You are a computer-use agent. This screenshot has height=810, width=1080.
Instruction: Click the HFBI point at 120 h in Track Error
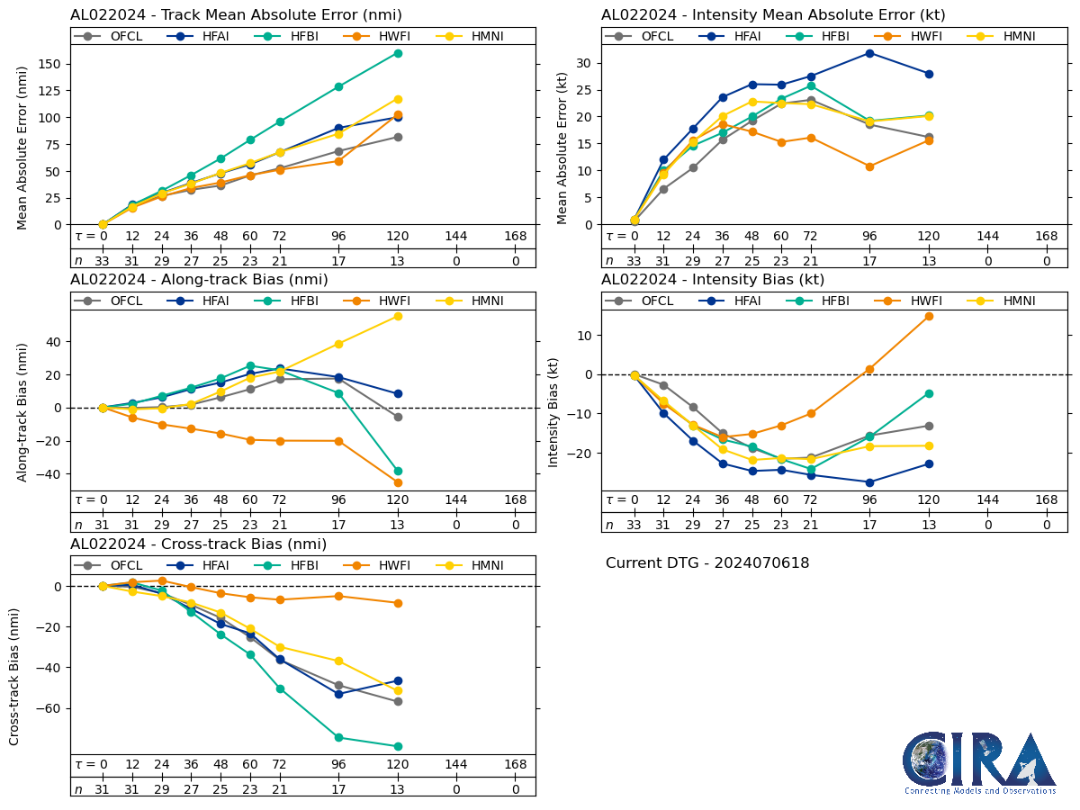(x=398, y=53)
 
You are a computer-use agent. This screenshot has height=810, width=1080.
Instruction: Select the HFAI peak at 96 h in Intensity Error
(x=869, y=53)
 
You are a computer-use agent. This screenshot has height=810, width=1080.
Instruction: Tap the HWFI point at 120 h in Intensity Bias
(x=929, y=316)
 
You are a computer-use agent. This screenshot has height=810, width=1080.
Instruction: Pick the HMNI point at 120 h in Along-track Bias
(x=398, y=316)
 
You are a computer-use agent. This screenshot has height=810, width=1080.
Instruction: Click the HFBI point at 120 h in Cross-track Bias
(x=398, y=746)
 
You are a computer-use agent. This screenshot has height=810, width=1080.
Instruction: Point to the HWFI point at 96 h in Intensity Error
(x=869, y=166)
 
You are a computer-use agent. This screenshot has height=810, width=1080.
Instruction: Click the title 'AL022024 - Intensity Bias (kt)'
(x=713, y=280)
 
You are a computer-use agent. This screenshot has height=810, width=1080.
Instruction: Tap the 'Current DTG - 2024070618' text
(x=707, y=563)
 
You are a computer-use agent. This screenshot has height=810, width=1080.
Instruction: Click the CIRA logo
(x=979, y=763)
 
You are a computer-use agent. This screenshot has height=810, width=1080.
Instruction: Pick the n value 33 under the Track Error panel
(x=103, y=261)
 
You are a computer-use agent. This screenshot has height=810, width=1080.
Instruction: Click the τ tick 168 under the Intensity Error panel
(x=1047, y=236)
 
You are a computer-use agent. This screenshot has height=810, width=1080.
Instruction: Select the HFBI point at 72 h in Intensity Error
(x=811, y=85)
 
